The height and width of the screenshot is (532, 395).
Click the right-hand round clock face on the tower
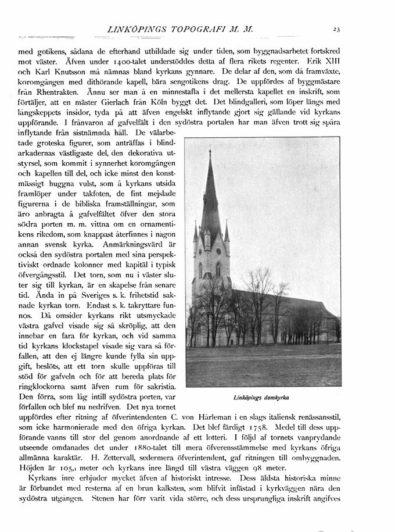(218, 252)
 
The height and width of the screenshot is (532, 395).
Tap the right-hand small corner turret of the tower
(226, 231)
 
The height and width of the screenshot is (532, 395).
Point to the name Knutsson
(57, 72)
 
